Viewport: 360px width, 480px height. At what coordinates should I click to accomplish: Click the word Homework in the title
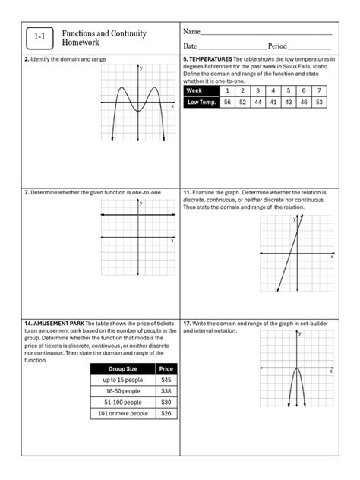coord(81,43)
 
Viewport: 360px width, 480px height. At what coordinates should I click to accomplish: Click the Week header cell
coord(201,90)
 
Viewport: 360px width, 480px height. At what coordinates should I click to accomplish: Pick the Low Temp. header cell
coord(201,102)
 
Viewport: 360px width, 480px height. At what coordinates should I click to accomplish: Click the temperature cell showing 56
coord(227,102)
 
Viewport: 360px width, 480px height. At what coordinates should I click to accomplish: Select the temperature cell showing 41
coord(273,102)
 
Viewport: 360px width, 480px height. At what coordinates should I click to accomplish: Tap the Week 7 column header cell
coord(319,90)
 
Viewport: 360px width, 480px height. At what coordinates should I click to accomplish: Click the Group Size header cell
coord(122,368)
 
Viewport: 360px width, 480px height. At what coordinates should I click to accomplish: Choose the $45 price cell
coord(166,380)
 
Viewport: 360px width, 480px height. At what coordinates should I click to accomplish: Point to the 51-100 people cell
coord(122,403)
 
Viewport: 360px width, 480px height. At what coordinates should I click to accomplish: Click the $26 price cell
coord(166,414)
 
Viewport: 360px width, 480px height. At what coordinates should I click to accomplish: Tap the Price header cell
coord(166,368)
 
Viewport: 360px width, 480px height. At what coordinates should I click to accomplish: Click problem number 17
coord(186,323)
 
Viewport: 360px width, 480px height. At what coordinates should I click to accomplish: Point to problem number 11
coord(186,193)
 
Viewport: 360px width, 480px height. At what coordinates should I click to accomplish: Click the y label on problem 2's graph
coord(141,69)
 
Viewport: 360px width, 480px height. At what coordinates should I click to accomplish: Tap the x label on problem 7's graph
coord(172,241)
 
